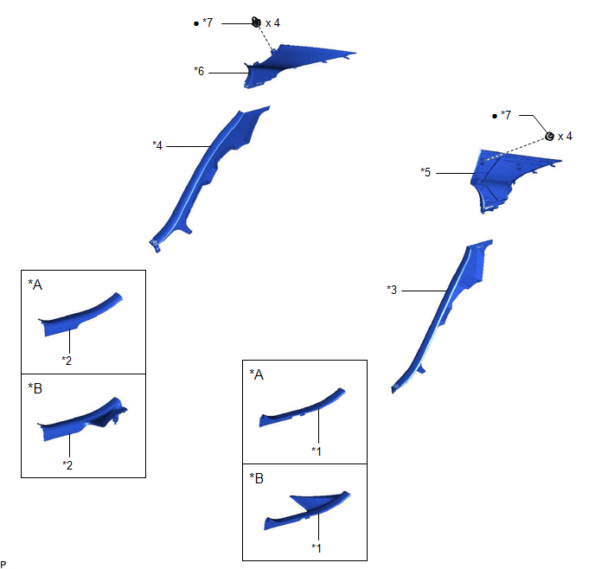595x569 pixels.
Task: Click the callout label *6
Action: tap(199, 71)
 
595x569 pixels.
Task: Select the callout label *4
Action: tap(157, 145)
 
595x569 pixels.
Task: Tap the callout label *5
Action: tap(425, 172)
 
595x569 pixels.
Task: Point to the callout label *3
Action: tap(392, 290)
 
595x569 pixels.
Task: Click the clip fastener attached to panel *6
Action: tap(256, 22)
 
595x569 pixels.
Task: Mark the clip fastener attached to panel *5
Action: tap(549, 136)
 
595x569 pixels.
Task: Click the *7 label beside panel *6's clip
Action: tap(208, 22)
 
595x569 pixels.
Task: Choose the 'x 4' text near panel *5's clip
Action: tap(565, 136)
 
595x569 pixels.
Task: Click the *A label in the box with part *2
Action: tap(35, 284)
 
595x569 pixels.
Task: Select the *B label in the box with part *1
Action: tap(257, 478)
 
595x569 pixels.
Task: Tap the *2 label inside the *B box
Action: tap(67, 465)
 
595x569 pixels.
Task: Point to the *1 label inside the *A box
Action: tap(317, 451)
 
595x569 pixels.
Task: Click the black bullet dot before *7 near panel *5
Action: tap(495, 116)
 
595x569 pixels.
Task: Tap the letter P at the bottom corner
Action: tap(3, 564)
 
